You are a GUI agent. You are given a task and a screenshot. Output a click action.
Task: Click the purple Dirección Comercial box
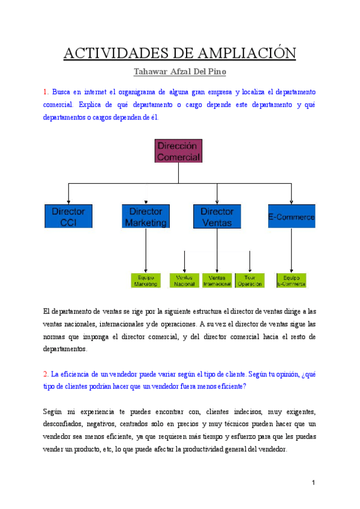tap(178, 151)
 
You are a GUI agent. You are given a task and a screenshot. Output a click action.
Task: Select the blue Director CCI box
tap(68, 216)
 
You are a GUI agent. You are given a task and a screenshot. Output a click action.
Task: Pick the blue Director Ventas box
tap(217, 216)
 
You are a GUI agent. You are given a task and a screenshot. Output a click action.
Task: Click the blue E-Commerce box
tap(291, 216)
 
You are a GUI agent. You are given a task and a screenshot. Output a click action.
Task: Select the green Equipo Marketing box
tap(146, 281)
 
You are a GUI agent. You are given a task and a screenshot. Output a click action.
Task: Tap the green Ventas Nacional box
tap(184, 281)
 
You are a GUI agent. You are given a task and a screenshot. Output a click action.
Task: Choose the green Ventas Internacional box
tap(217, 281)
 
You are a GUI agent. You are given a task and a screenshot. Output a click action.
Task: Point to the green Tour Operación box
tap(249, 281)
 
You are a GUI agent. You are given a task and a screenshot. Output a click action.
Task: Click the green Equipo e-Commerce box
tap(291, 281)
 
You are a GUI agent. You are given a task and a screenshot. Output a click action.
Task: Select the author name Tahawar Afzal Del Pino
tap(180, 73)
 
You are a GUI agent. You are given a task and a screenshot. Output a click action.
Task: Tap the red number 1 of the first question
tap(45, 92)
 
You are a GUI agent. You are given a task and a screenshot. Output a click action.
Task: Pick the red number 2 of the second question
tap(45, 374)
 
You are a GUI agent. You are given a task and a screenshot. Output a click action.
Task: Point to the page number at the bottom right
tap(313, 483)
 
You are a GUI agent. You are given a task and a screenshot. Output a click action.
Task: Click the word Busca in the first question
tap(62, 92)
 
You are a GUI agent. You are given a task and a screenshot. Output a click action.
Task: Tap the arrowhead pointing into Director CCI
tap(68, 201)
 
